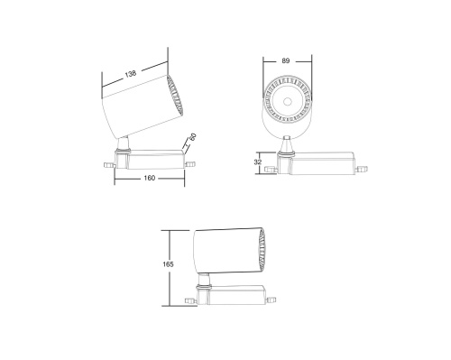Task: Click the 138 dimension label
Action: click(x=133, y=73)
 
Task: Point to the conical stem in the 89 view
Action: click(x=287, y=143)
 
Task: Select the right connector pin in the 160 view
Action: click(x=190, y=163)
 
